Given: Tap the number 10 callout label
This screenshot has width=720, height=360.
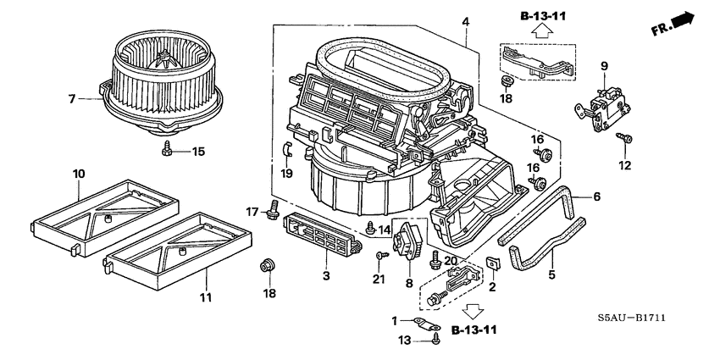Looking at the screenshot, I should coord(78,174).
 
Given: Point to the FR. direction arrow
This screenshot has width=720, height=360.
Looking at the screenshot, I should coord(682,21).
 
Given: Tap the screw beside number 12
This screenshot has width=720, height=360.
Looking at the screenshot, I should coord(628,137).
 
